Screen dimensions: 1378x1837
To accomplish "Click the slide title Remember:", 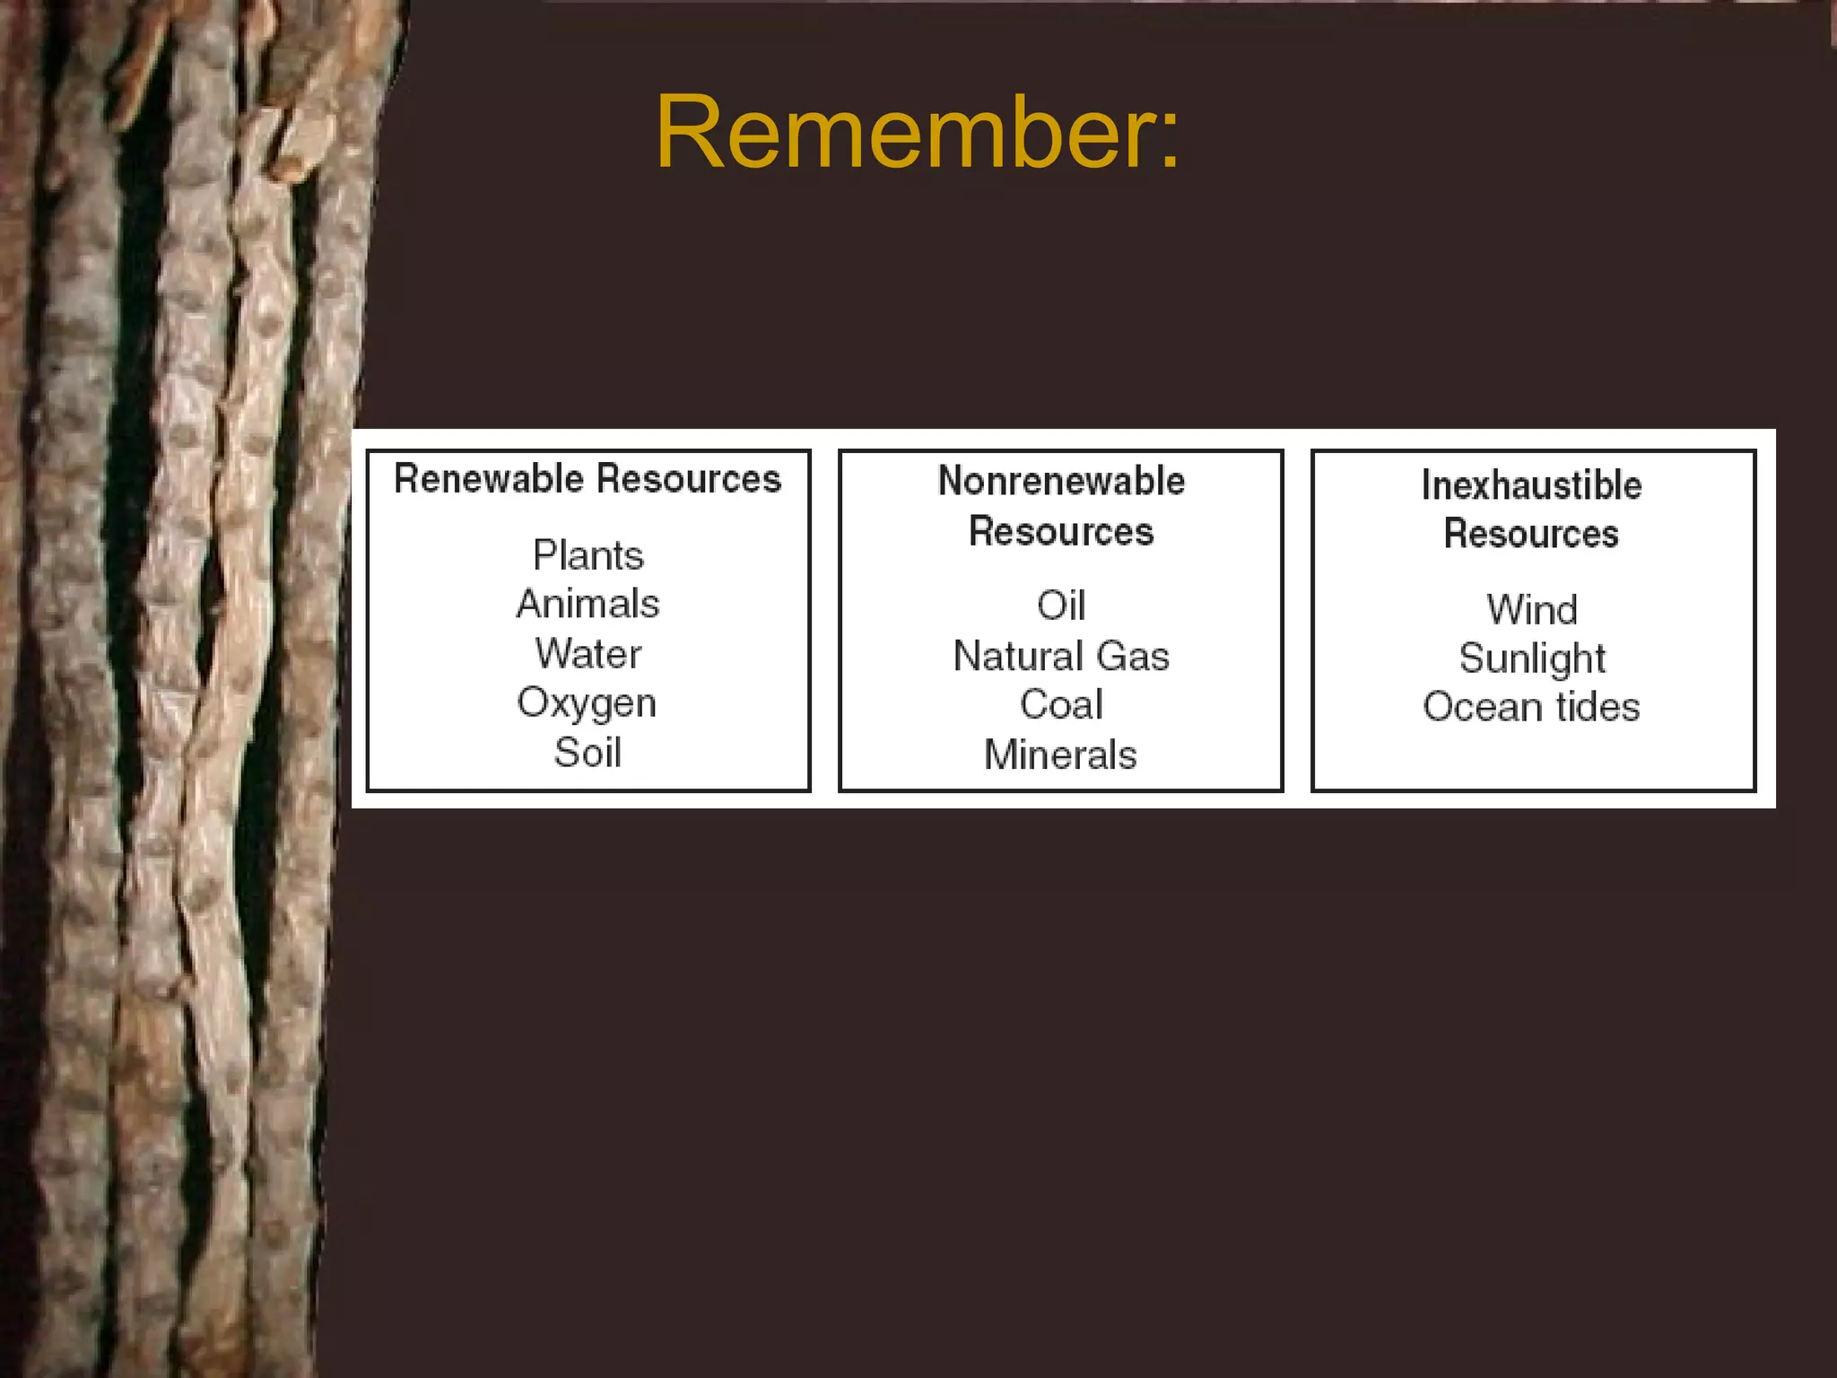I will point(917,133).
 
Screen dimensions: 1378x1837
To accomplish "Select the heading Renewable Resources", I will point(588,478).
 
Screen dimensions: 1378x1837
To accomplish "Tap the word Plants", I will point(588,555).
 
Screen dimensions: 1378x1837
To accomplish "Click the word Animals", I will point(588,604).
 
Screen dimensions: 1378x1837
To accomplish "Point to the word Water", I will point(588,653).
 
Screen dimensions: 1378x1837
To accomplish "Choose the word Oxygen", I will point(587,702).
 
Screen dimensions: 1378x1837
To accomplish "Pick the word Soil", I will point(588,752).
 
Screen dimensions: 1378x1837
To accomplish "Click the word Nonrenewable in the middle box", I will point(1060,481).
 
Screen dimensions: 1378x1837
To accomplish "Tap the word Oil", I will point(1060,606).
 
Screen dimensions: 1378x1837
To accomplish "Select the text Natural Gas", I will point(1060,656).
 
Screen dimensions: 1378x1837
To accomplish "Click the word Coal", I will point(1060,705).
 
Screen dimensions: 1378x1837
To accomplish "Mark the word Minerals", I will point(1060,754).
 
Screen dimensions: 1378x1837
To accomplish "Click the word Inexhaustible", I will point(1531,484).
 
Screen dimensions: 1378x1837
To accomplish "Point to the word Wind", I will point(1531,610).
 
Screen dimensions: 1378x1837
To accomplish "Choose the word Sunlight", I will point(1531,658).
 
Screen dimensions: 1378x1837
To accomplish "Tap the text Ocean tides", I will point(1531,707).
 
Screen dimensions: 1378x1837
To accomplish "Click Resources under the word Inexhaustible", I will point(1531,534).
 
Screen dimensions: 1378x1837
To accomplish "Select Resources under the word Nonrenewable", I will point(1060,531).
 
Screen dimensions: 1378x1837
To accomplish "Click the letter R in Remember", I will point(686,133).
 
